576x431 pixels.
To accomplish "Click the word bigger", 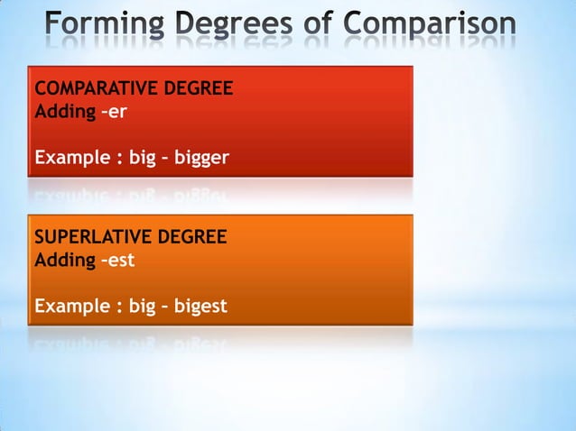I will tap(202, 160).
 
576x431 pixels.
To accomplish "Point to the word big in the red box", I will tap(143, 160).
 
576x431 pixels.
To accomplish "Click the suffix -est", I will tap(120, 261).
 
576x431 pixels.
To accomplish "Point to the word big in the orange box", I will tap(143, 307).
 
